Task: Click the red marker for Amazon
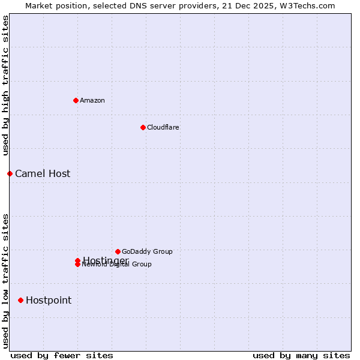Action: click(76, 100)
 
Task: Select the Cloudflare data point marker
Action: click(143, 127)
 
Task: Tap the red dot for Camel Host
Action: click(10, 173)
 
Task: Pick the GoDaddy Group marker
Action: click(118, 251)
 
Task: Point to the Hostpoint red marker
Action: click(20, 300)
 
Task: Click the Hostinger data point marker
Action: click(77, 260)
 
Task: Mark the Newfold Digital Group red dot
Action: click(77, 265)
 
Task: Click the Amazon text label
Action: click(92, 100)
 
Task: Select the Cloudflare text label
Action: click(163, 127)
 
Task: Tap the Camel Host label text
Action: click(43, 173)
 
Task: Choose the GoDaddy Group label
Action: click(147, 251)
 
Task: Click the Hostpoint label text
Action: click(49, 300)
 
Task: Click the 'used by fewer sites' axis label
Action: click(62, 355)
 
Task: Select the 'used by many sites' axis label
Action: click(301, 355)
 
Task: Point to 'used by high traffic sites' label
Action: click(5, 86)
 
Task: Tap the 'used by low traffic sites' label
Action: click(5, 281)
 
